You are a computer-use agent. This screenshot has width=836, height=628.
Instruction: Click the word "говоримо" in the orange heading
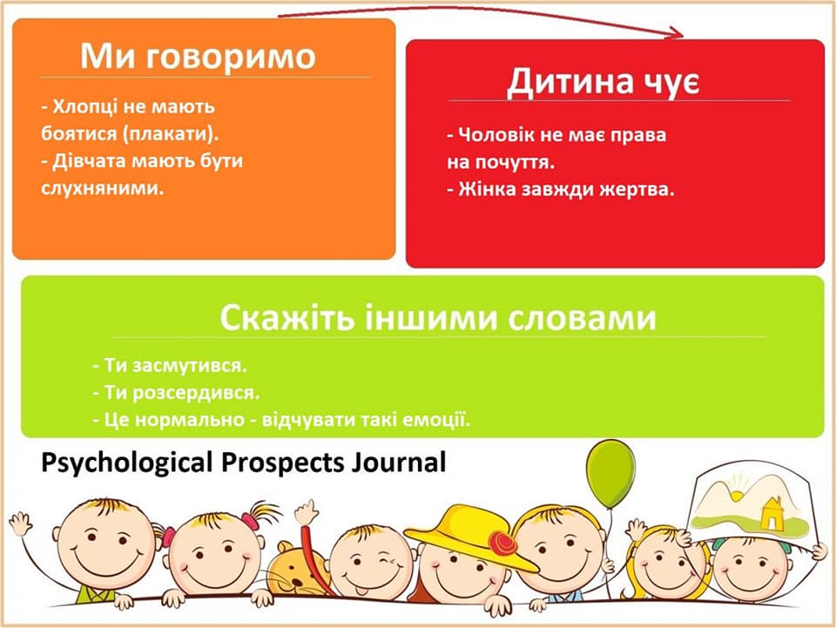point(230,57)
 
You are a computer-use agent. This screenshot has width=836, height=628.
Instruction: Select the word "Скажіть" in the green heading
point(287,318)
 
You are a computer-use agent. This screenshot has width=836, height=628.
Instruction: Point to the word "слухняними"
point(103,187)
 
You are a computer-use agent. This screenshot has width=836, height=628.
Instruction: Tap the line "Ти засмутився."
point(170,366)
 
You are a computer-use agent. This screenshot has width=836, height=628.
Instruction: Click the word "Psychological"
point(127,463)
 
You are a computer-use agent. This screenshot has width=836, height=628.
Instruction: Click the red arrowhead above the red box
point(673,34)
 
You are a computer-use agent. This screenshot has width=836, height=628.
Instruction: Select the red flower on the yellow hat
point(502,544)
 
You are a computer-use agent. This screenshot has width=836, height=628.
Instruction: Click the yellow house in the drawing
point(771,515)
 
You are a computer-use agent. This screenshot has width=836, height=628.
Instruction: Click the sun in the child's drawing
point(737,494)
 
